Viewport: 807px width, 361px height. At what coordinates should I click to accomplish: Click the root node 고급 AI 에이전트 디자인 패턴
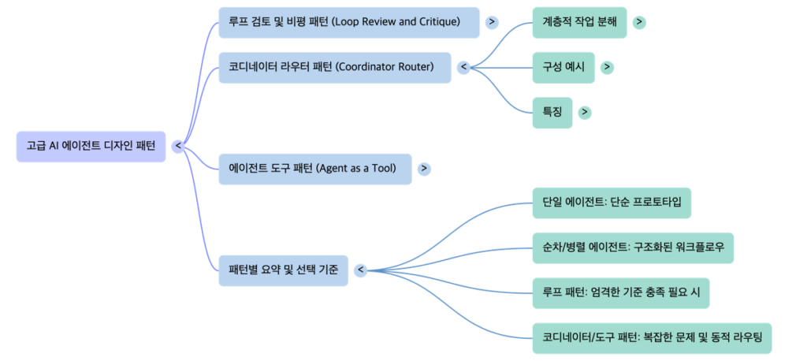coord(91,146)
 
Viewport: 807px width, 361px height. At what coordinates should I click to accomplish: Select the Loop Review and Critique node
coord(349,22)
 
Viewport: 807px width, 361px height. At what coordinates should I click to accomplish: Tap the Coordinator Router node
coord(335,67)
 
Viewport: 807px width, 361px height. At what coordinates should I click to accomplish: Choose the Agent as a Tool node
coord(315,169)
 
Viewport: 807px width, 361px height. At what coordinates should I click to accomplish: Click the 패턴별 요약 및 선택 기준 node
coord(283,270)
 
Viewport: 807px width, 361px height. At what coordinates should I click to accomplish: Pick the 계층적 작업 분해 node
coord(579,22)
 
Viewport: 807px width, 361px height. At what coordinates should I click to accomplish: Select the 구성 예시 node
coord(563,67)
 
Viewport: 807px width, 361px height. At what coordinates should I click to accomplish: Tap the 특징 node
coord(552,112)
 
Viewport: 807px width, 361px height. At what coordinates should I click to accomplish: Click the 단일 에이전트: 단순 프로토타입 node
coord(612,203)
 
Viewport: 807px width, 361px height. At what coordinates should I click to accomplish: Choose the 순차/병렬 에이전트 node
coord(633,247)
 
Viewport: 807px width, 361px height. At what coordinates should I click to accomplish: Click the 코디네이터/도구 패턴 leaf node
coord(652,337)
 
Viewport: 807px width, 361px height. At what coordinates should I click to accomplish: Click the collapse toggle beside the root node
coord(177,146)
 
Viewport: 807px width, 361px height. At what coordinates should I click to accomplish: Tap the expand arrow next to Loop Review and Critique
coord(492,22)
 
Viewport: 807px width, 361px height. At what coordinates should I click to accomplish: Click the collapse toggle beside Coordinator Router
coord(464,67)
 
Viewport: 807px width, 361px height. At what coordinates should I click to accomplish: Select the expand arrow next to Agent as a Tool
coord(424,169)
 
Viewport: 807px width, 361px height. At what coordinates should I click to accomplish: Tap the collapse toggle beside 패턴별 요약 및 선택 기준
coord(360,270)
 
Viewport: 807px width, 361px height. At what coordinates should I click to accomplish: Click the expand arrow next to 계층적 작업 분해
coord(638,22)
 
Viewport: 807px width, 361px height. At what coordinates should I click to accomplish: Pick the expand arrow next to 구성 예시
coord(607,67)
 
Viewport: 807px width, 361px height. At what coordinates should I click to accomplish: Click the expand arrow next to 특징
coord(584,112)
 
